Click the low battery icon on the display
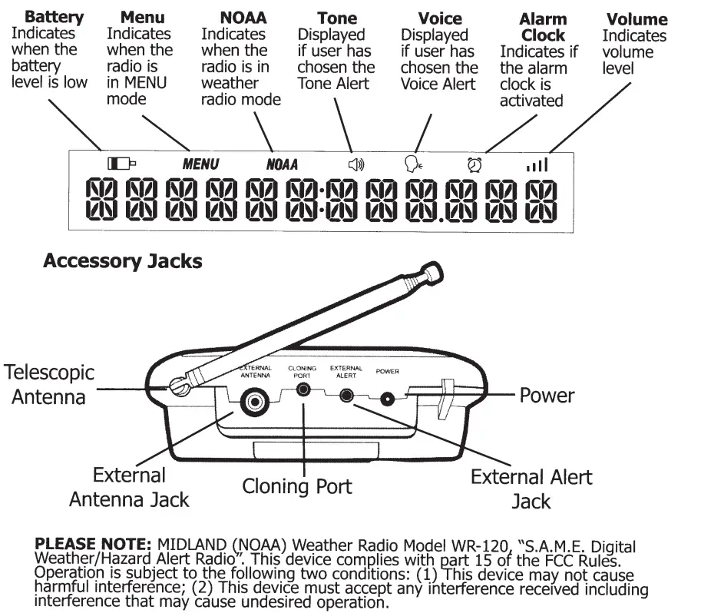121,163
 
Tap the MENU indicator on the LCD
200,164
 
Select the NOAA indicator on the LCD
282,164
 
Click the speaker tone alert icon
356,164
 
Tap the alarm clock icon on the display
474,164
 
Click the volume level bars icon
537,164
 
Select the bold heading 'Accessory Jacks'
123,261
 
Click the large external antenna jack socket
254,400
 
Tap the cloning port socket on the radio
304,389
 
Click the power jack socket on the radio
389,399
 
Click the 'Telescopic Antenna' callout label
50,385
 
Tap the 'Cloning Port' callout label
297,486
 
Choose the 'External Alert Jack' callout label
531,489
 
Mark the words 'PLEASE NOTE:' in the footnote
95,545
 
